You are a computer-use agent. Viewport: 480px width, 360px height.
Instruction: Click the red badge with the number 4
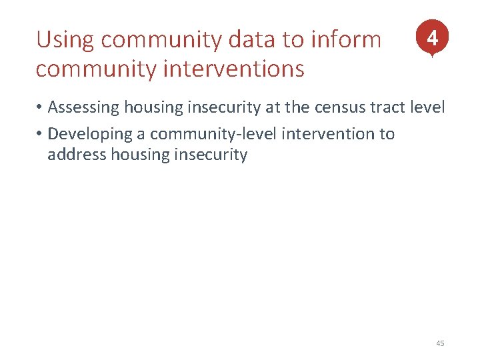coord(432,38)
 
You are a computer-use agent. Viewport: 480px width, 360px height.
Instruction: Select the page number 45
coord(439,343)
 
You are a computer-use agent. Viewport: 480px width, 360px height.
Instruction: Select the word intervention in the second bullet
coord(329,134)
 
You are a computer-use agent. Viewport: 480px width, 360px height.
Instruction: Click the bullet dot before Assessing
coord(40,108)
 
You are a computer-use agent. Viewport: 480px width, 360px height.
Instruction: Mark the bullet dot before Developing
coord(40,135)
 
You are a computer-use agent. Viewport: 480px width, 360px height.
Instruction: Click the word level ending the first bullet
coord(427,107)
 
